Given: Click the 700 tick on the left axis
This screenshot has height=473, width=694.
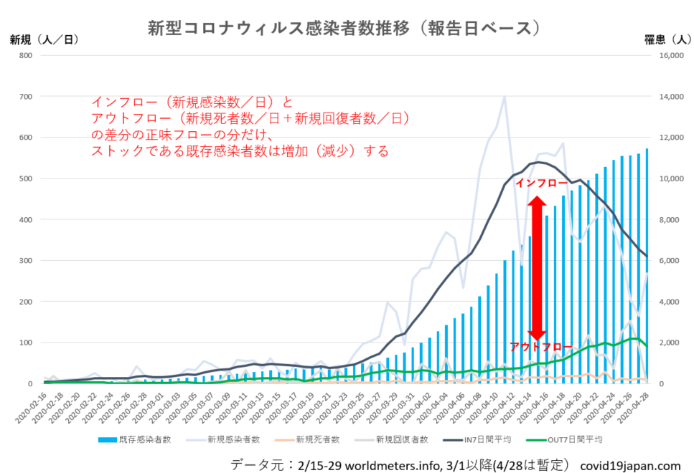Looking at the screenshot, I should coord(26,97).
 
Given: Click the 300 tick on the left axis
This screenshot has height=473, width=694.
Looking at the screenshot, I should coord(26,261).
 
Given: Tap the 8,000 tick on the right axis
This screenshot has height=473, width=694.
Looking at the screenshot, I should coord(672,220).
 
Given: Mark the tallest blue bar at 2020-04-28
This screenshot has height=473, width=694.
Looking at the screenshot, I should coord(646,265).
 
